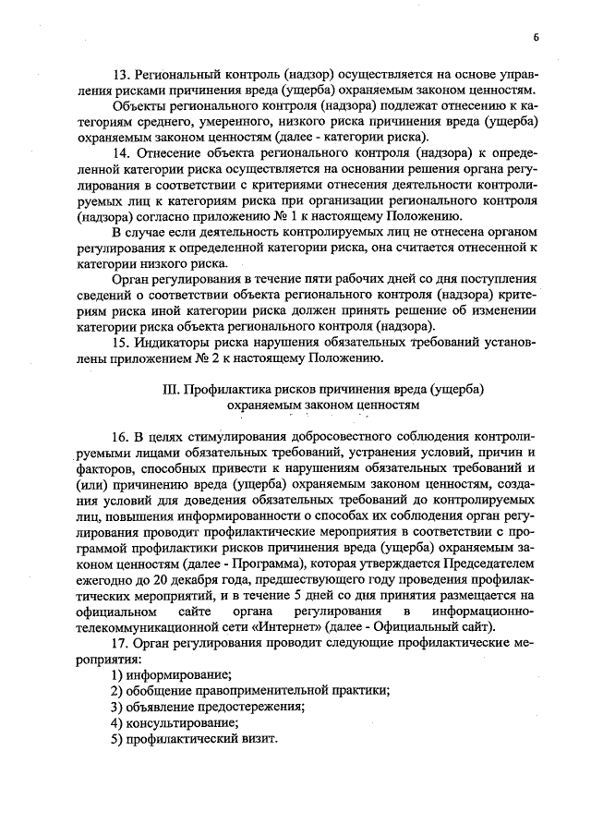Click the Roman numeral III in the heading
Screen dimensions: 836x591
pos(170,389)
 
